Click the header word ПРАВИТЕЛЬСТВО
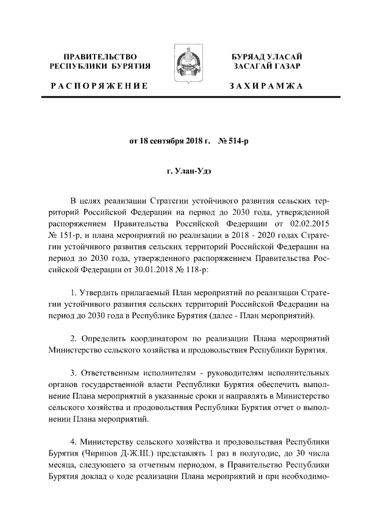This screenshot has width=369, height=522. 100,57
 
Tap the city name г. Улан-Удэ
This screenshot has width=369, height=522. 184,171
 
